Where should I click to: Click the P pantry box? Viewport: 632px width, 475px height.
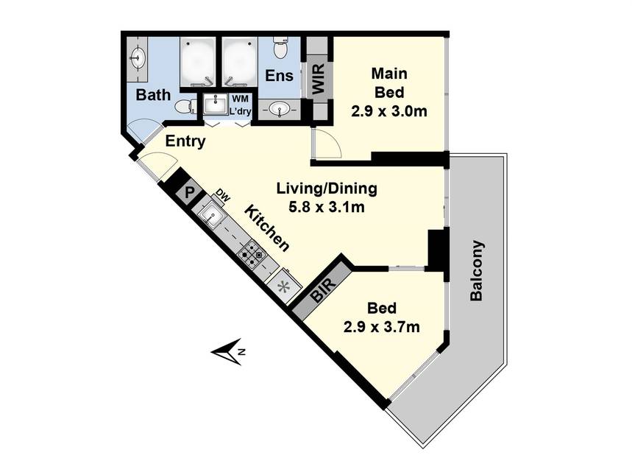pos(188,192)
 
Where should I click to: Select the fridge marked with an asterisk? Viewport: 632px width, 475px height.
pos(285,287)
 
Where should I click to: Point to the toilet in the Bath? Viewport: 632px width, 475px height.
pos(186,107)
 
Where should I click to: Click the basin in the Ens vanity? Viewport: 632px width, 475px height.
pos(280,109)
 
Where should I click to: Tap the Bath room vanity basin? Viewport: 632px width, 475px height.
pos(138,57)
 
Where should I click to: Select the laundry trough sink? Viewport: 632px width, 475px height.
pos(217,104)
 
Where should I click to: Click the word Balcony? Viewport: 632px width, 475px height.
pos(477,271)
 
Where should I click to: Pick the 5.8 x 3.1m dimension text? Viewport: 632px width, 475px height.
pos(327,208)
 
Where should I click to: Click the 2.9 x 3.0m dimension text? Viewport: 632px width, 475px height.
pos(389,111)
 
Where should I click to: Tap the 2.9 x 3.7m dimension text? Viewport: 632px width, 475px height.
pos(381,326)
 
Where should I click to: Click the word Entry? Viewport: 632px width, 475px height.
pos(185,141)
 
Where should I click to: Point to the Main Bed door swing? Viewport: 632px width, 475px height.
pos(327,144)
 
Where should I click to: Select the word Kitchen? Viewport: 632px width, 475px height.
pos(267,228)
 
